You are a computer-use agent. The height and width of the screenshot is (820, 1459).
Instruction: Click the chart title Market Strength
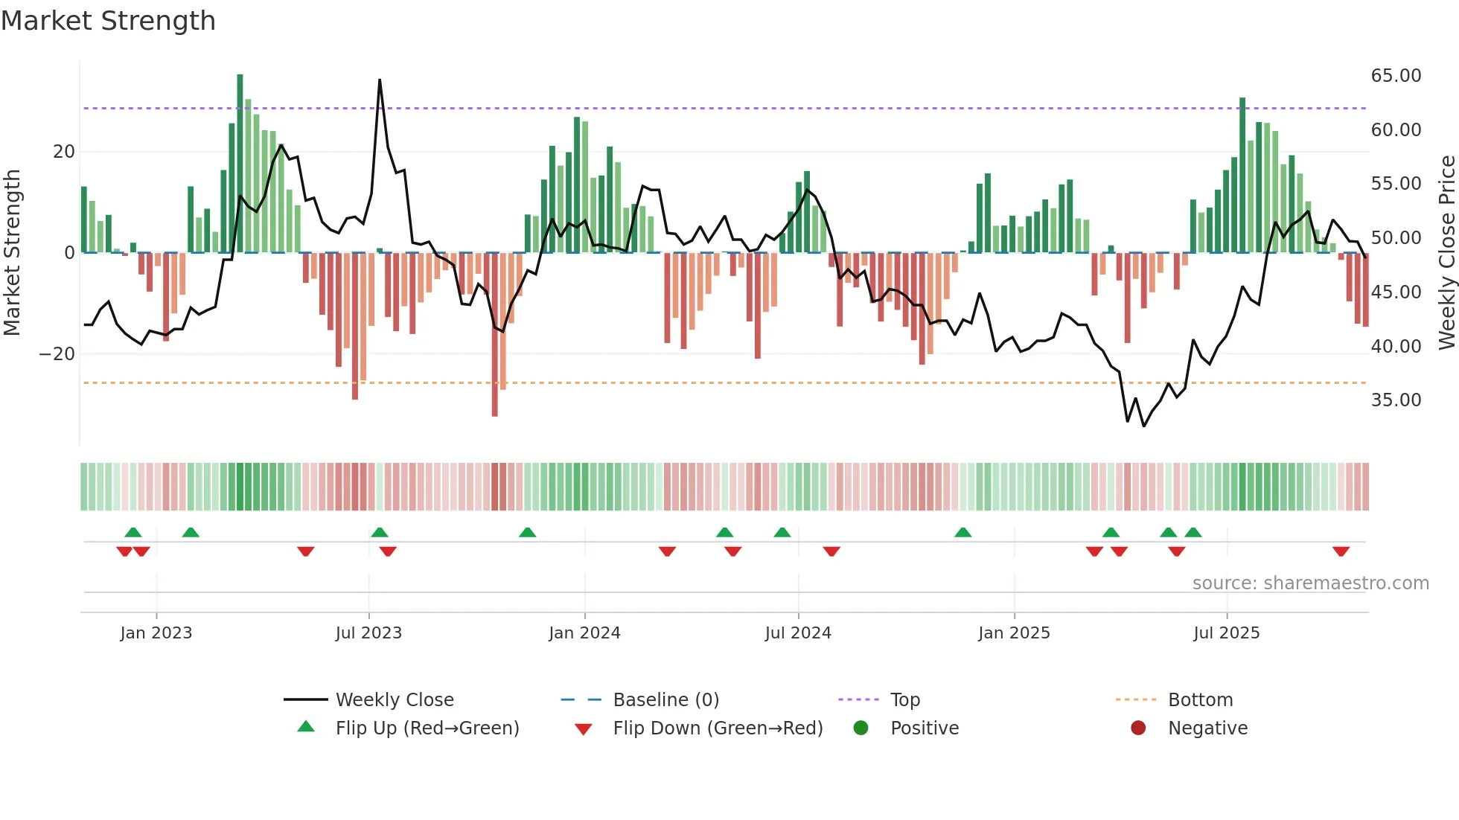pos(108,21)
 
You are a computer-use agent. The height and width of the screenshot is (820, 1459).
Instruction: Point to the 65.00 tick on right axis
pos(1396,76)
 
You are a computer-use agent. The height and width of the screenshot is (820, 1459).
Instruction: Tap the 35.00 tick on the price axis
pos(1396,400)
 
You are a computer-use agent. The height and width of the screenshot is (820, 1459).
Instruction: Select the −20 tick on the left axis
pos(57,354)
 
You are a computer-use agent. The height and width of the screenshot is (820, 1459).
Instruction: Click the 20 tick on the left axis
pos(64,152)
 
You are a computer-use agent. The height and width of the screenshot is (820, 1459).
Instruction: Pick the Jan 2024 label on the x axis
pos(584,633)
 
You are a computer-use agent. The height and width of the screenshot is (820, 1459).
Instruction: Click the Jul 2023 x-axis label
pos(368,633)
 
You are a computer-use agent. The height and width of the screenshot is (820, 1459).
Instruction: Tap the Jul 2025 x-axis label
pos(1226,633)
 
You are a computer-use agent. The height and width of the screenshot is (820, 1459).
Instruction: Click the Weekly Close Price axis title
pos(1446,252)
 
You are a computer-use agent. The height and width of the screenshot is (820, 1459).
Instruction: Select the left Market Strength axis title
pos(13,252)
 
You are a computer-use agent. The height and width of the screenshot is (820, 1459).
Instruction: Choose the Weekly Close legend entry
pos(394,700)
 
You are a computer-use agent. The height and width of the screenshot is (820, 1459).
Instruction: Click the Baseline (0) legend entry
pos(665,700)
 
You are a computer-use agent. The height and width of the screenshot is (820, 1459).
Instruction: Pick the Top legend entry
pos(904,700)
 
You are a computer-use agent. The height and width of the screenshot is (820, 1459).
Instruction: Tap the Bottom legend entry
pos(1200,700)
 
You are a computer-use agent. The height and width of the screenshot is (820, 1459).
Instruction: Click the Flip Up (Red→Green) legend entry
pos(427,728)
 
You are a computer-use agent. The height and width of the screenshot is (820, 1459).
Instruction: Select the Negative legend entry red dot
pos(1138,728)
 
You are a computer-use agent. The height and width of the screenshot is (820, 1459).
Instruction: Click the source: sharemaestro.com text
pos(1310,583)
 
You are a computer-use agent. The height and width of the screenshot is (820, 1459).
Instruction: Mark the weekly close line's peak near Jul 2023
pos(380,80)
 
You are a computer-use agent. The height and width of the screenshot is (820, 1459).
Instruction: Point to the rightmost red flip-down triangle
pos(1341,551)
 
